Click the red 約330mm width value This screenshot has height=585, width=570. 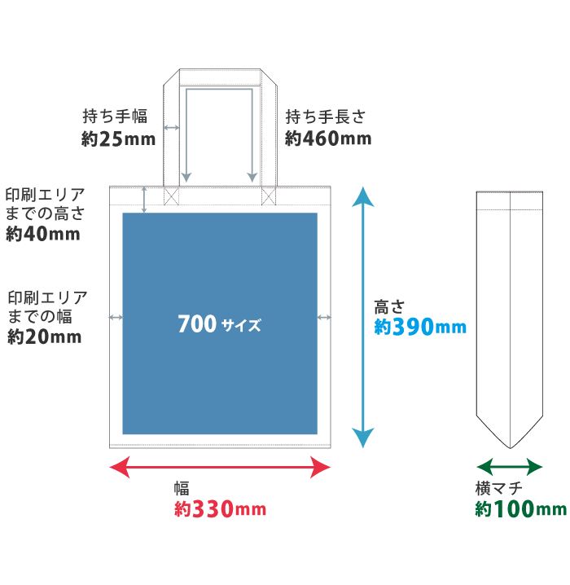tap(220, 510)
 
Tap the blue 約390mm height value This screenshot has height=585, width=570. tap(420, 328)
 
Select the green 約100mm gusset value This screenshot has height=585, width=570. tap(520, 510)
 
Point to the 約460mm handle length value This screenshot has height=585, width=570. tap(328, 139)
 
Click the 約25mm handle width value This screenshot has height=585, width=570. tap(118, 139)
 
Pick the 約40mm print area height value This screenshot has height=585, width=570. tap(42, 235)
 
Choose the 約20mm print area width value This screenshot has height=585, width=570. tap(44, 336)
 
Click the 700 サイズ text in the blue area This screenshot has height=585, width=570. tap(219, 325)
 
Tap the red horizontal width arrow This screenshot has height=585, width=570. tap(220, 467)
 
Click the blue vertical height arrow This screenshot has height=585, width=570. tap(362, 318)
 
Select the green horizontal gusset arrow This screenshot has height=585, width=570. tap(509, 467)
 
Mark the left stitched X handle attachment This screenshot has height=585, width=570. tap(171, 196)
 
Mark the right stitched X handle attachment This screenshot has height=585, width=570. tap(268, 196)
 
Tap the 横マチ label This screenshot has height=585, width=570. tap(498, 489)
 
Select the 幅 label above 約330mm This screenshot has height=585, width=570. tap(182, 489)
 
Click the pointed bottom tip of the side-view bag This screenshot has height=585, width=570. tap(509, 446)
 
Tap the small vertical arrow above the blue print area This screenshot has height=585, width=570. tap(144, 200)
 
